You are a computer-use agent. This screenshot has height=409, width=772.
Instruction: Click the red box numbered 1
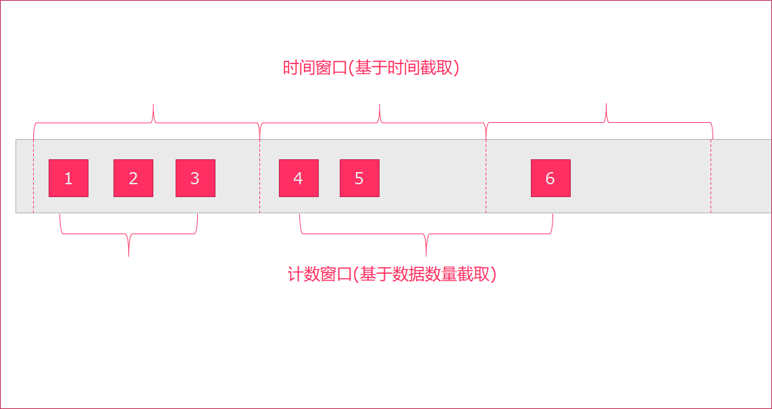pyautogui.click(x=68, y=178)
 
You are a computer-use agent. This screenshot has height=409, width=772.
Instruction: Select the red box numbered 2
pyautogui.click(x=133, y=178)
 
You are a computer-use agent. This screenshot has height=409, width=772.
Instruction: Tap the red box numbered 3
pyautogui.click(x=195, y=178)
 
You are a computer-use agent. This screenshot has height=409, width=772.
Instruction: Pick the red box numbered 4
pyautogui.click(x=299, y=178)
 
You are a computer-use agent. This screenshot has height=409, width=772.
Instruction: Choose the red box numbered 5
pyautogui.click(x=359, y=178)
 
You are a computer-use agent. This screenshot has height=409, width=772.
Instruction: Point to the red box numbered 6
pyautogui.click(x=550, y=178)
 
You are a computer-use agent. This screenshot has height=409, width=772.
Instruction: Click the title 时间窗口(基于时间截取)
pyautogui.click(x=371, y=67)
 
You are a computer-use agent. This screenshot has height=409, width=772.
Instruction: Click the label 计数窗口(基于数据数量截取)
pyautogui.click(x=392, y=275)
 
